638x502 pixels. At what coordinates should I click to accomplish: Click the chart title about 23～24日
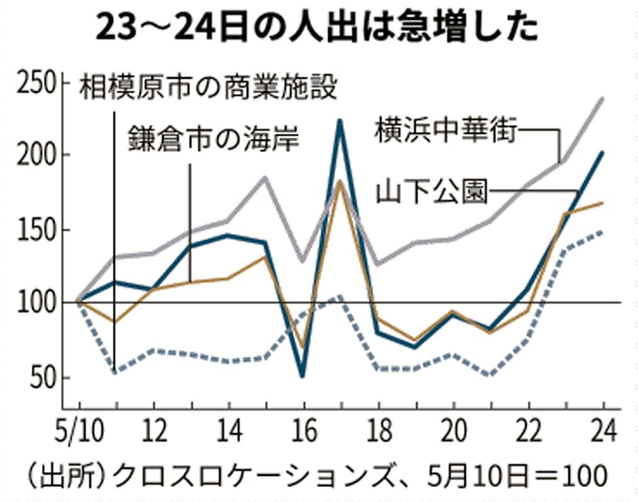[x=318, y=27]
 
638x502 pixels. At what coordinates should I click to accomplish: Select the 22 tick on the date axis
[x=528, y=430]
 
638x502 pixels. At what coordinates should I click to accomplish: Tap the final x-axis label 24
[x=603, y=430]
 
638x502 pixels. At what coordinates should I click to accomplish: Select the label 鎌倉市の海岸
[x=213, y=139]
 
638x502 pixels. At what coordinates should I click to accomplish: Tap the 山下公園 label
[x=432, y=191]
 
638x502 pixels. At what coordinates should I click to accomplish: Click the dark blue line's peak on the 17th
[x=340, y=121]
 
